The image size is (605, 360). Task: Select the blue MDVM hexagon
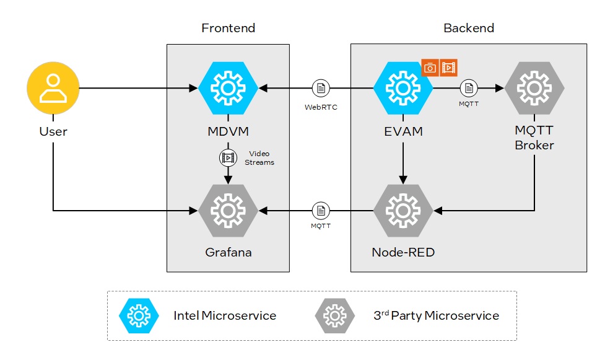(x=228, y=89)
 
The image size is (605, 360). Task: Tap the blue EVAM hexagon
(x=403, y=89)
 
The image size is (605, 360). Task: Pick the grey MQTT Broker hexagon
(x=534, y=89)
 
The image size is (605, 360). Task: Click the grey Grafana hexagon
(x=228, y=211)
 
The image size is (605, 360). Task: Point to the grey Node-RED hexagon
(x=403, y=211)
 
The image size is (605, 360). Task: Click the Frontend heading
(x=228, y=28)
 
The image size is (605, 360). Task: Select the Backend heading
(x=469, y=28)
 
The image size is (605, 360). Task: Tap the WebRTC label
(x=321, y=107)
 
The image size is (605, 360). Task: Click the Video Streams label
(x=259, y=158)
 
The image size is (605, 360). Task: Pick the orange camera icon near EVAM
(x=430, y=67)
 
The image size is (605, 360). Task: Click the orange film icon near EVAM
(x=449, y=67)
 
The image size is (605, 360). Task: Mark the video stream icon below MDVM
(x=228, y=157)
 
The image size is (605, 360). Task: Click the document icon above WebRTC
(x=321, y=89)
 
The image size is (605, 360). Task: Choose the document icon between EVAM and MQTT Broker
(x=468, y=89)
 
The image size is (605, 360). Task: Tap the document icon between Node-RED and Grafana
(x=321, y=211)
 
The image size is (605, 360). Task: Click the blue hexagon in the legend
(x=139, y=316)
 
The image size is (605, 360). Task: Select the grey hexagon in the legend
(x=334, y=316)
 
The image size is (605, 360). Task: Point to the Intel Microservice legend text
(x=225, y=316)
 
